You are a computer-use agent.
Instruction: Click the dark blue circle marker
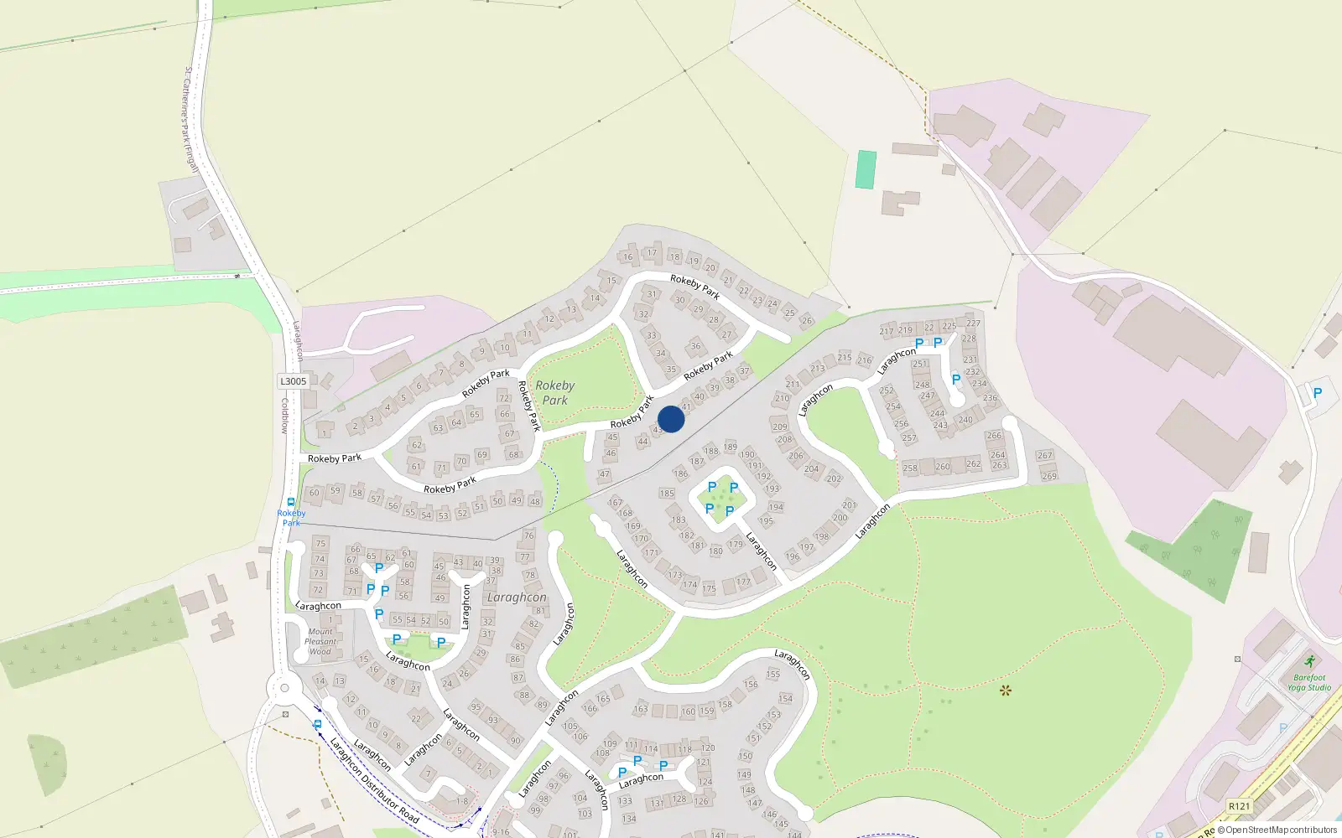[x=671, y=419]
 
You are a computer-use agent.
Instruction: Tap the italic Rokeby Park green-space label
[x=554, y=392]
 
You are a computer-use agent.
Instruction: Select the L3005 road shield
[x=293, y=381]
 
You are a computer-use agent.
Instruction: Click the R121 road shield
[x=1239, y=806]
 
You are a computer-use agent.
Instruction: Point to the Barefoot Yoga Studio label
[x=1309, y=682]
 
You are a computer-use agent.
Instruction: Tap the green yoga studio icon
[x=1309, y=661]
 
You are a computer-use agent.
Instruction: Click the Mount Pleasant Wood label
[x=320, y=641]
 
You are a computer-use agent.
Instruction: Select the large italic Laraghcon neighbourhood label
[x=517, y=597]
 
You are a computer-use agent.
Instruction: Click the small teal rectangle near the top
[x=866, y=169]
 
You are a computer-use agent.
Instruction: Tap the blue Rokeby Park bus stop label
[x=291, y=518]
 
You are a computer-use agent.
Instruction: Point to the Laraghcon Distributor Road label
[x=373, y=779]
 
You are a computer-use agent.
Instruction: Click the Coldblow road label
[x=285, y=416]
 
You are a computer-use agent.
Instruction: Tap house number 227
[x=973, y=323]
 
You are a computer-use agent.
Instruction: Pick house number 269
[x=1048, y=476]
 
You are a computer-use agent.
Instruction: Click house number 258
[x=910, y=468]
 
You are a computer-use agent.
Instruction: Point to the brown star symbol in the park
[x=1005, y=691]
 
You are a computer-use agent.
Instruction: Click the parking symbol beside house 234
[x=956, y=380]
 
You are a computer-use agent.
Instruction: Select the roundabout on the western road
[x=283, y=689]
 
